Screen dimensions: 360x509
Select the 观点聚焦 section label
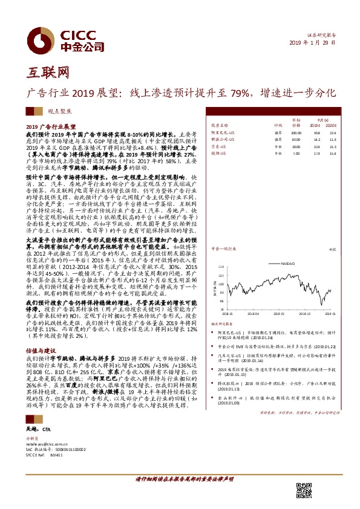pos(59,112)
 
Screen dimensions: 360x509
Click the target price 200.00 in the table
pos(295,132)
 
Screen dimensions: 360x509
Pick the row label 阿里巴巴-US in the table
pos(221,132)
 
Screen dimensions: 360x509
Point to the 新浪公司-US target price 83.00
pos(296,140)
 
